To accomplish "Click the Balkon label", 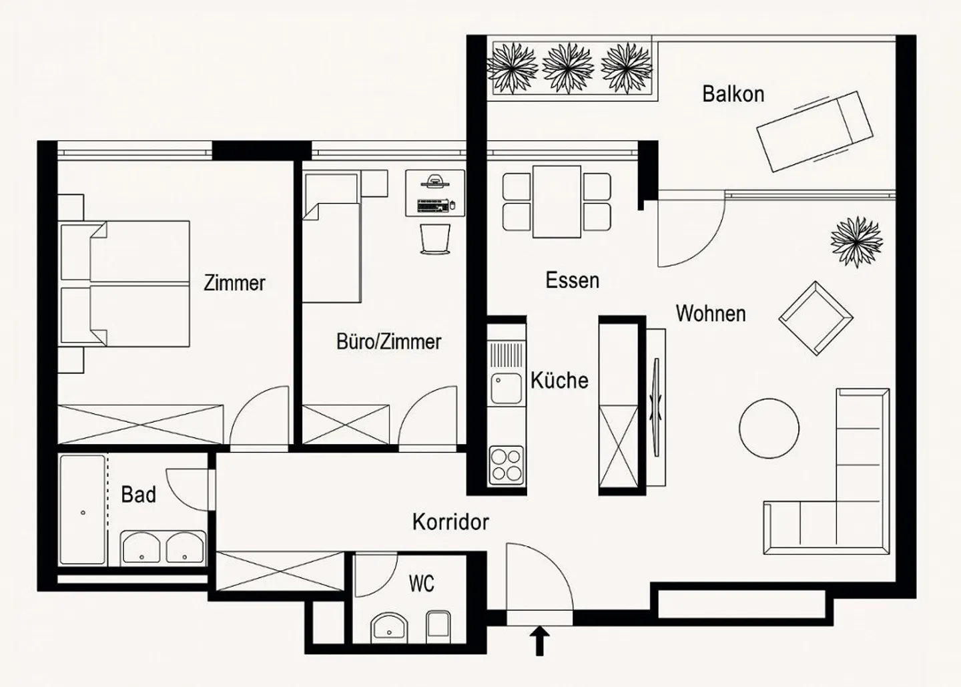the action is pyautogui.click(x=733, y=94).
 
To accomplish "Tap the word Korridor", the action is pyautogui.click(x=450, y=522).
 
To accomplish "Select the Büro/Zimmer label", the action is pyautogui.click(x=388, y=342).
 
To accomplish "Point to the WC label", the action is pyautogui.click(x=421, y=584).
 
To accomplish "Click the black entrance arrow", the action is pyautogui.click(x=540, y=641).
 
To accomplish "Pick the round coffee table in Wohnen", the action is pyautogui.click(x=769, y=428).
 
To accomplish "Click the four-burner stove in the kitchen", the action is pyautogui.click(x=507, y=465).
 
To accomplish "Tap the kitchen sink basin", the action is pyautogui.click(x=507, y=389).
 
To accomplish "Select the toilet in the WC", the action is pyautogui.click(x=438, y=627).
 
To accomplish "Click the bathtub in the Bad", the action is pyautogui.click(x=82, y=510).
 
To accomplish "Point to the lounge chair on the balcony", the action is pyautogui.click(x=815, y=132).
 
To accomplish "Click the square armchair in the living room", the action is pyautogui.click(x=816, y=318).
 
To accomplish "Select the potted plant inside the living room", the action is pyautogui.click(x=857, y=242).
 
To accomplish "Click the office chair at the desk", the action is pyautogui.click(x=435, y=238).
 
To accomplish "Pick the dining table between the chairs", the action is pyautogui.click(x=557, y=202).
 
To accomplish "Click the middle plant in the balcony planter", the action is pyautogui.click(x=568, y=68).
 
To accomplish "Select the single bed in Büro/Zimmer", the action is pyautogui.click(x=331, y=237).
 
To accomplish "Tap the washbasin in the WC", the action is pyautogui.click(x=389, y=628).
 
